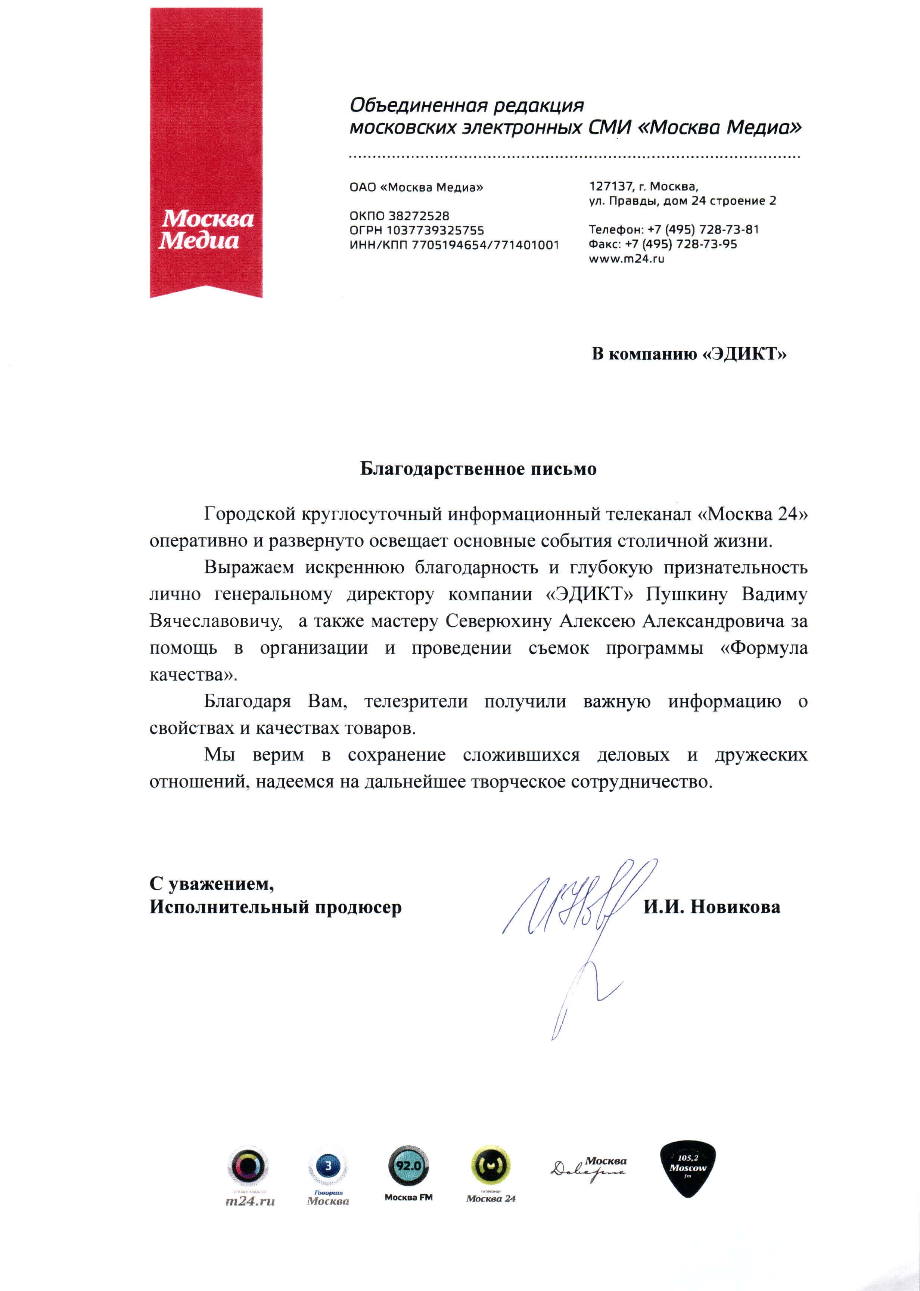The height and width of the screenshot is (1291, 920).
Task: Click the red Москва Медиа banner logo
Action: pyautogui.click(x=206, y=153)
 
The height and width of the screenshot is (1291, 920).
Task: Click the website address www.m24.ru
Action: pyautogui.click(x=626, y=259)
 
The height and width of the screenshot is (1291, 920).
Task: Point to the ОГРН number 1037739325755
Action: pyautogui.click(x=435, y=230)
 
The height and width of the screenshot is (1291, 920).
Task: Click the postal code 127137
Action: pyautogui.click(x=610, y=186)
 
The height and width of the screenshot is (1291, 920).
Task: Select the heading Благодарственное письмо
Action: pyautogui.click(x=478, y=469)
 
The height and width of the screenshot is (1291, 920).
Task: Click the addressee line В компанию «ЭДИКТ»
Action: pyautogui.click(x=689, y=354)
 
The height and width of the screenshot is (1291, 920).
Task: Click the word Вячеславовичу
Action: pyautogui.click(x=216, y=621)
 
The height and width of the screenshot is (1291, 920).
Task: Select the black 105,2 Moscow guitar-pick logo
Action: pyautogui.click(x=688, y=1170)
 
